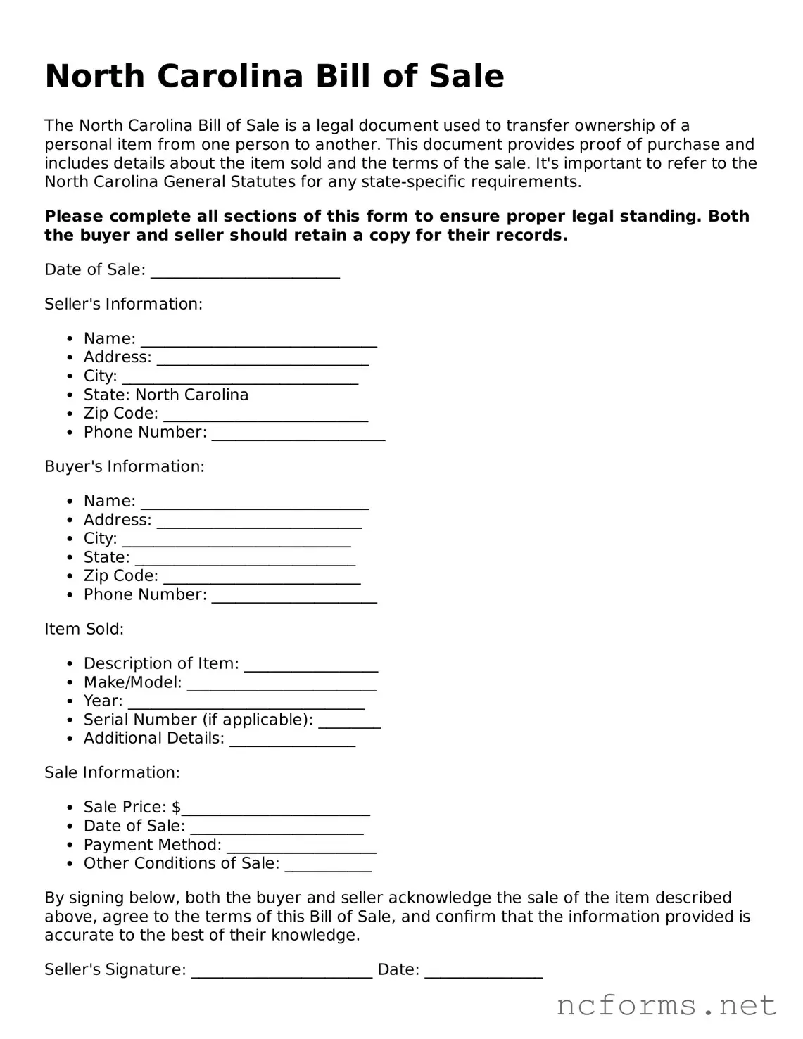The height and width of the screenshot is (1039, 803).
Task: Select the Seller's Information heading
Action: pyautogui.click(x=123, y=304)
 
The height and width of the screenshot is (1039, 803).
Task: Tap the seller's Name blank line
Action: pyautogui.click(x=259, y=340)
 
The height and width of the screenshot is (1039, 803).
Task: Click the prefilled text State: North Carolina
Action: pyautogui.click(x=166, y=395)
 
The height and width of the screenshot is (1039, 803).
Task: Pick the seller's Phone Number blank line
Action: pyautogui.click(x=298, y=434)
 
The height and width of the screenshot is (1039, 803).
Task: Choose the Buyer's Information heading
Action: pyautogui.click(x=125, y=466)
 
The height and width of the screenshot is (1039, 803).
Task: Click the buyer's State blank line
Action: pyautogui.click(x=245, y=559)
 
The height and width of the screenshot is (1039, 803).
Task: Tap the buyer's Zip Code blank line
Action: pyautogui.click(x=262, y=578)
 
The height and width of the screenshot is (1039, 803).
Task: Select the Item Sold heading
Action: pyautogui.click(x=84, y=629)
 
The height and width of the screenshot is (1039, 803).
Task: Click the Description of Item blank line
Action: pyautogui.click(x=311, y=665)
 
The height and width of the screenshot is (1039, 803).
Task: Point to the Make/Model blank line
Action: pyautogui.click(x=282, y=684)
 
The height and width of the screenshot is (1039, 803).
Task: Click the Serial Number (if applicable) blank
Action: pyautogui.click(x=350, y=722)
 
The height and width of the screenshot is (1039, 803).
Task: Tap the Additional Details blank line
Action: pyautogui.click(x=292, y=740)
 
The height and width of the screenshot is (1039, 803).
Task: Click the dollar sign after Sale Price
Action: pyautogui.click(x=176, y=808)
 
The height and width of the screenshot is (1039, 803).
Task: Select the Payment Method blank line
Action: pyautogui.click(x=301, y=847)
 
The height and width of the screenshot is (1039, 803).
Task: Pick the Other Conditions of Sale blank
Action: pyautogui.click(x=328, y=865)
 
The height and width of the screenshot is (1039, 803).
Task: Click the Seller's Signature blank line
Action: pyautogui.click(x=282, y=971)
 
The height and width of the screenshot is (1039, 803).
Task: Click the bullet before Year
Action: pyautogui.click(x=69, y=701)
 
